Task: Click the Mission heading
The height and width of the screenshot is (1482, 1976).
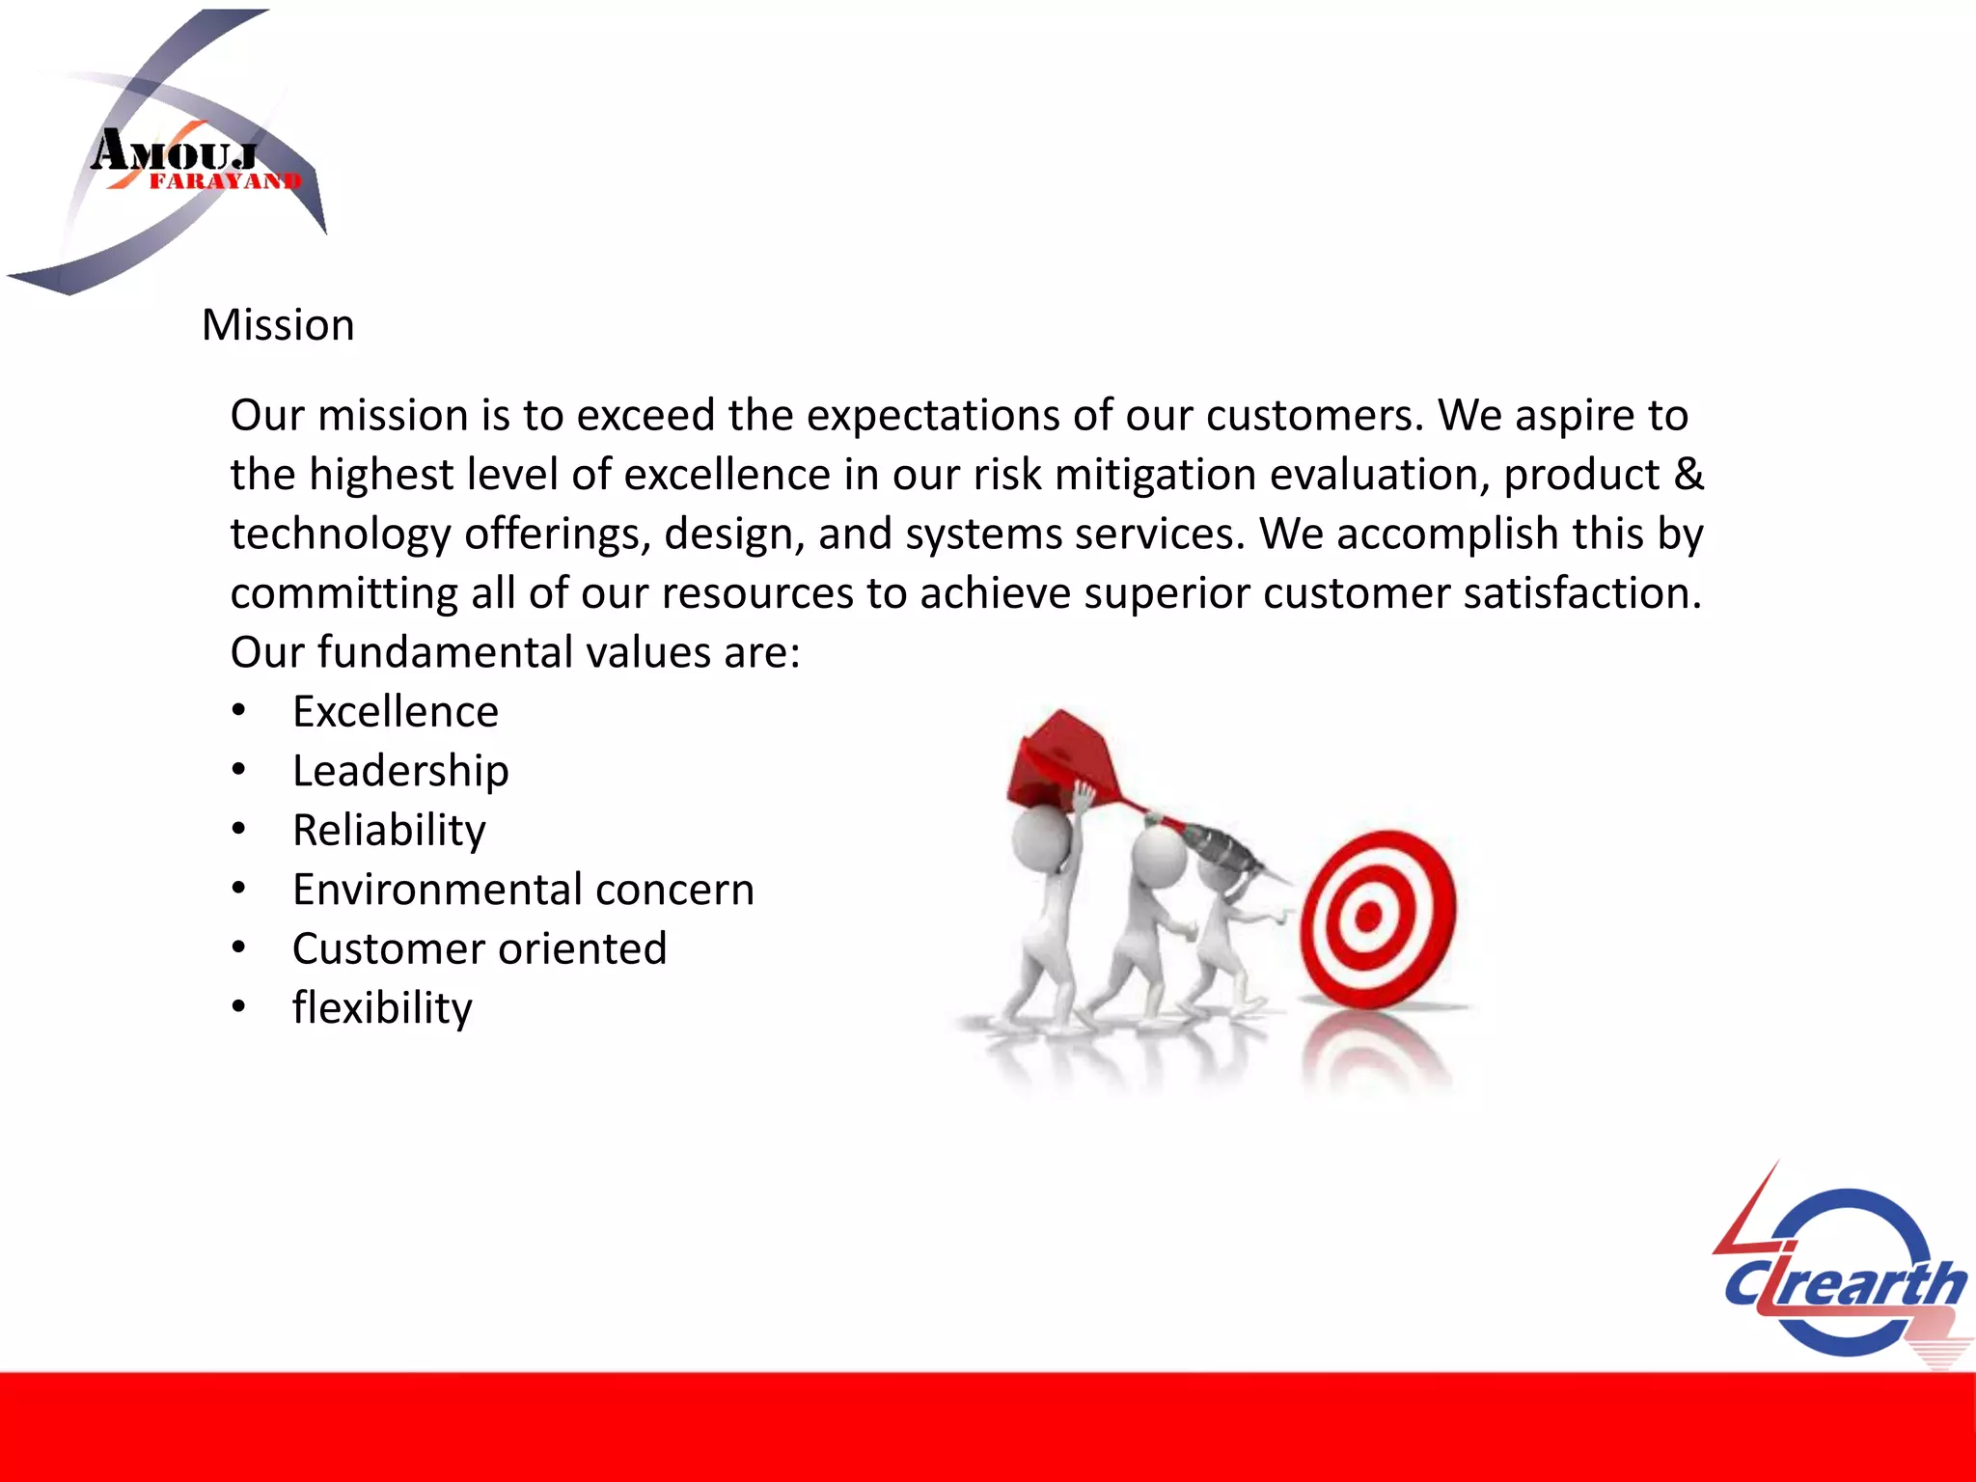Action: tap(278, 325)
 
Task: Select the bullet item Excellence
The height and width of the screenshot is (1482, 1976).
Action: tap(396, 712)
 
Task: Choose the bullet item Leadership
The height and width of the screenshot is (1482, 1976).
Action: tap(400, 771)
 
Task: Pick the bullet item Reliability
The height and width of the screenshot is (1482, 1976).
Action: tap(389, 831)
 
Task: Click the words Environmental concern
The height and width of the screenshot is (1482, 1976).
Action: tap(523, 890)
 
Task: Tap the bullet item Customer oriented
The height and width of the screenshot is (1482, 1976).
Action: tap(480, 948)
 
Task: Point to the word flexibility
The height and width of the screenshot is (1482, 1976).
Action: tap(382, 1008)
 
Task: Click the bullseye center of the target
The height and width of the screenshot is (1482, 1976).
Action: tap(1368, 917)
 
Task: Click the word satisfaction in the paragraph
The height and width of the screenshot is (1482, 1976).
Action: tap(1582, 593)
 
